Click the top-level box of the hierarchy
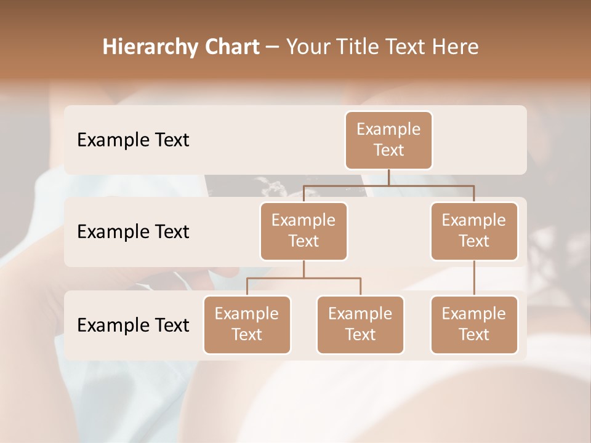coord(388,140)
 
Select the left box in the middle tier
coord(304,231)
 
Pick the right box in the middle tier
coord(474,231)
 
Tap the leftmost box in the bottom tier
coord(247,325)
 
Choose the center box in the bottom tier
coord(360,325)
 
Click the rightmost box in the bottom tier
coord(474,325)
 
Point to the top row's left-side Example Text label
coord(133,140)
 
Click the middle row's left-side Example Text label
coord(133,232)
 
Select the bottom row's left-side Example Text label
coord(133,325)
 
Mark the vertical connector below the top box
coord(388,177)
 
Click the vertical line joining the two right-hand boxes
coord(474,278)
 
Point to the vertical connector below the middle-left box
coord(304,269)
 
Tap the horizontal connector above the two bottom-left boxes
coord(304,278)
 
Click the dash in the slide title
coord(273,47)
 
